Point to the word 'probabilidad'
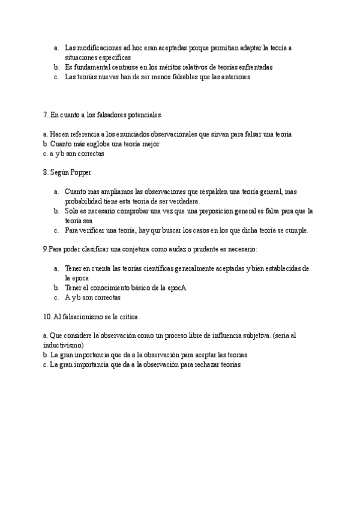coord(83,201)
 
